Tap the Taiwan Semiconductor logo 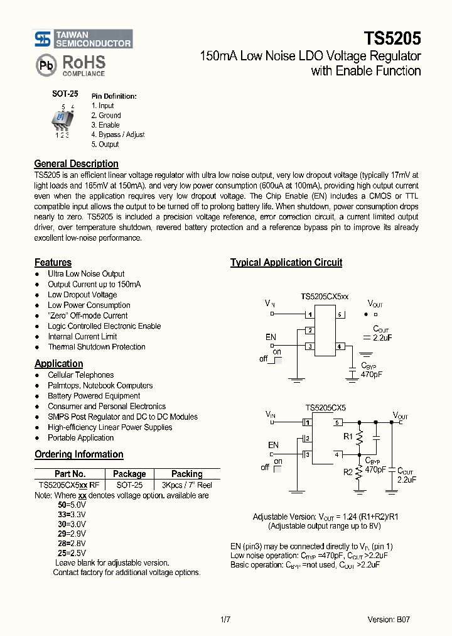point(83,39)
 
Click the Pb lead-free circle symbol point(45,65)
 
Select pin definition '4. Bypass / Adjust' point(117,134)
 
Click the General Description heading point(76,164)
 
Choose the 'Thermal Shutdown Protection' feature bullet point(96,347)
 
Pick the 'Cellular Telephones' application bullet point(80,375)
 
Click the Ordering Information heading point(78,454)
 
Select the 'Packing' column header point(186,474)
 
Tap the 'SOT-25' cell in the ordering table point(129,485)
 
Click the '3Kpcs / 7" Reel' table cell point(186,485)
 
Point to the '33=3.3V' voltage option point(72,513)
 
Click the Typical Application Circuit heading point(286,263)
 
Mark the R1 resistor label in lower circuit point(347,436)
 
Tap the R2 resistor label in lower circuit point(347,472)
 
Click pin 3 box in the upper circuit point(309,346)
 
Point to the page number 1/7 point(226,620)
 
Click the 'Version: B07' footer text point(389,620)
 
